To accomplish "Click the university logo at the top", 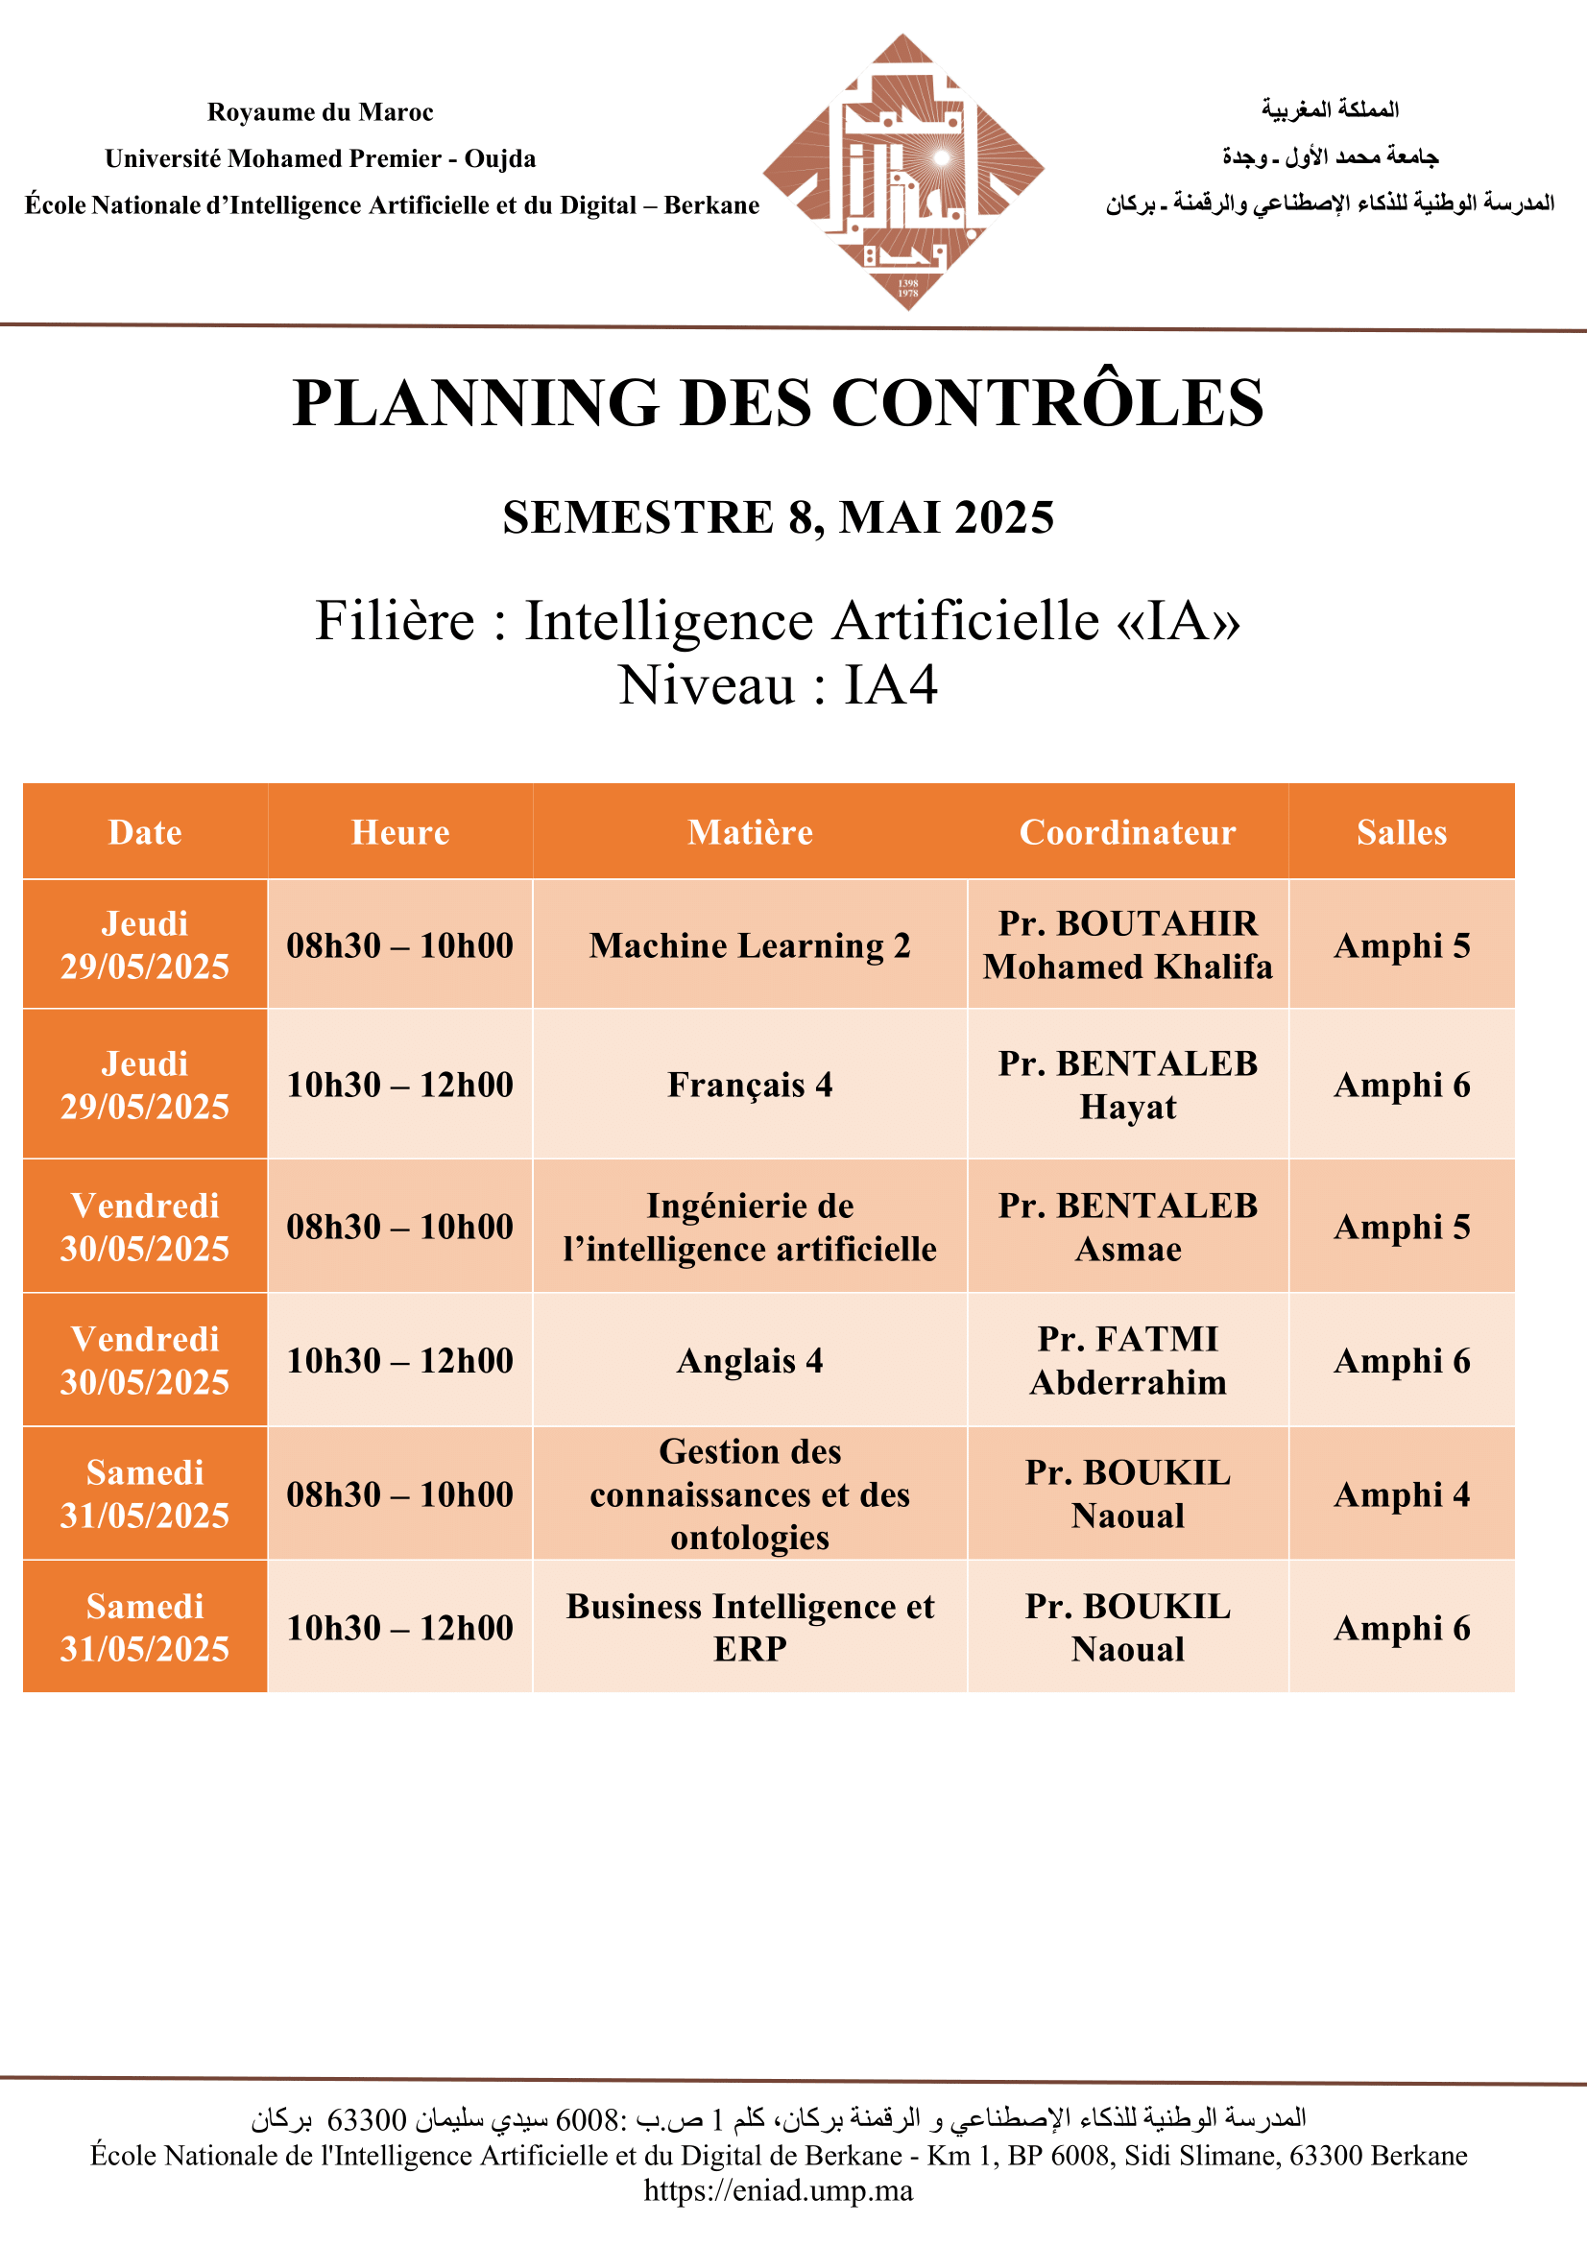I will pos(903,171).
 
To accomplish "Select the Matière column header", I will pos(750,832).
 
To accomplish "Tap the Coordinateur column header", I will pos(1127,832).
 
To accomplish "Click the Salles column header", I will pos(1401,832).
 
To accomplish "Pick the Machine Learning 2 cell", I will pos(750,945).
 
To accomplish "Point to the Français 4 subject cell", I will pos(750,1085).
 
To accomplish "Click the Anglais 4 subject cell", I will pos(750,1360).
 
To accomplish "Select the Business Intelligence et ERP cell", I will pos(750,1627).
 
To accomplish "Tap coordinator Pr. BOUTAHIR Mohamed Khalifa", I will pos(1127,945).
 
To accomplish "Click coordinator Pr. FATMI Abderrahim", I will pos(1127,1360).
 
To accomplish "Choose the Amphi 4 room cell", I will pos(1401,1494).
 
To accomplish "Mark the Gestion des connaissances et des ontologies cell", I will pos(750,1494).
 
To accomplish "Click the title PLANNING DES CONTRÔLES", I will pos(779,403).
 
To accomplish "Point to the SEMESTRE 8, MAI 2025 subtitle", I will pos(779,517).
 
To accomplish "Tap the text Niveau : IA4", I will pos(779,684).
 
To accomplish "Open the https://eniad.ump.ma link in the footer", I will pos(779,2191).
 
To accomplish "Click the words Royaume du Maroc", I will pos(320,112).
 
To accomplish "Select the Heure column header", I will pos(400,832).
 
